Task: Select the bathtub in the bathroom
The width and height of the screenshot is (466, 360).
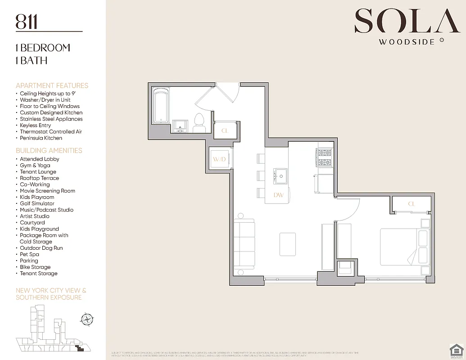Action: [x=161, y=106]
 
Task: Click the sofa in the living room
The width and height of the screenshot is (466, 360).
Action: [x=244, y=243]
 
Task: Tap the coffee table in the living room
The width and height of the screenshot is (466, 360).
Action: [x=287, y=244]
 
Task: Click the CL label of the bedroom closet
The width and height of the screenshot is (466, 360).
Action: [x=411, y=204]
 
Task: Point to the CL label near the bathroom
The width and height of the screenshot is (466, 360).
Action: [x=223, y=131]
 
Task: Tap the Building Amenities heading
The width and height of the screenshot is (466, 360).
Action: [x=49, y=151]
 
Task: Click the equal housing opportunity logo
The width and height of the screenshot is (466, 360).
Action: [x=456, y=350]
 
